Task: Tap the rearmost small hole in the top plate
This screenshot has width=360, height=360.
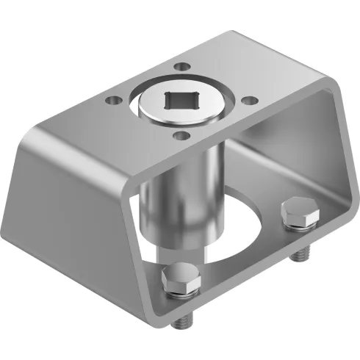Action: click(181, 68)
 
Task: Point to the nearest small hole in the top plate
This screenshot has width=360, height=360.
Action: click(179, 134)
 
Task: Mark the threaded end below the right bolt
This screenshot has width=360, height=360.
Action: click(299, 253)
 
